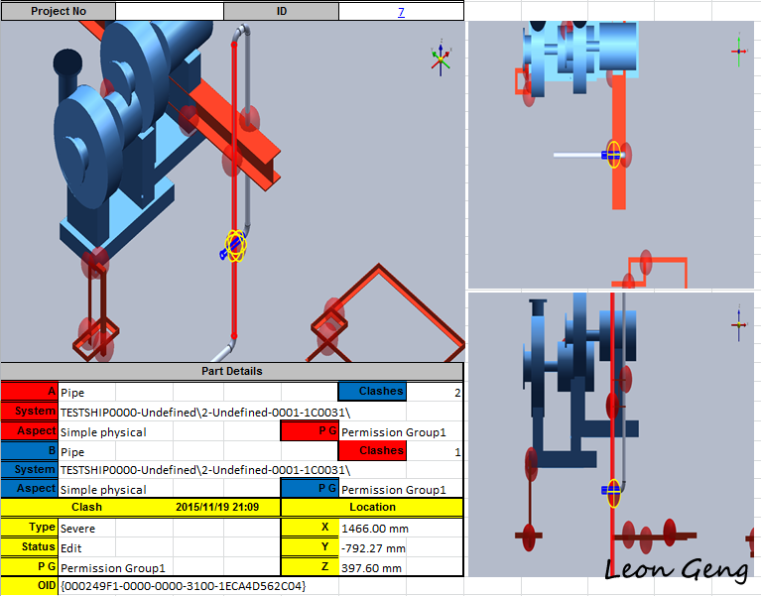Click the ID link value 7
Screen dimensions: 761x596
tap(401, 12)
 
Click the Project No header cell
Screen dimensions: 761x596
tap(59, 12)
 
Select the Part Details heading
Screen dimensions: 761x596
tap(232, 371)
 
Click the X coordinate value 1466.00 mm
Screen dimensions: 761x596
tap(375, 529)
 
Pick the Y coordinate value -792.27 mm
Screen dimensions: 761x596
tap(373, 548)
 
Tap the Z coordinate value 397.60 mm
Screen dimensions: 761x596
tap(371, 568)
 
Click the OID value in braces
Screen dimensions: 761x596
tap(183, 586)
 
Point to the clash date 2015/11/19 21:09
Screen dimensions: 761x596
tap(217, 508)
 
